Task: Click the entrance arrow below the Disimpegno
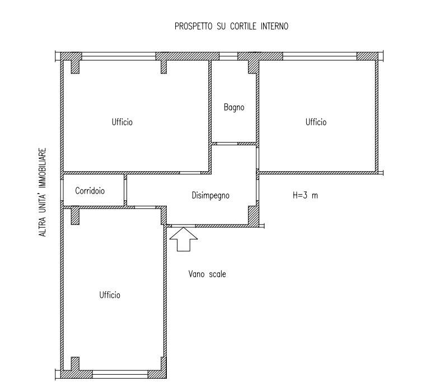pyautogui.click(x=184, y=239)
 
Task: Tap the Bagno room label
pyautogui.click(x=234, y=107)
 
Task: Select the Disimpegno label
pyautogui.click(x=210, y=195)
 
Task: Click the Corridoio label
pyautogui.click(x=90, y=191)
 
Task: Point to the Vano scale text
pyautogui.click(x=207, y=274)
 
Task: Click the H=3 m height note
pyautogui.click(x=305, y=195)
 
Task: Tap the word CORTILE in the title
pyautogui.click(x=244, y=26)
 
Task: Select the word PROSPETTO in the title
pyautogui.click(x=193, y=26)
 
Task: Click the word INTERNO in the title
pyautogui.click(x=274, y=26)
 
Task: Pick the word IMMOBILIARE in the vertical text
pyautogui.click(x=43, y=168)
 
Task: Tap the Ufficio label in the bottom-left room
pyautogui.click(x=110, y=295)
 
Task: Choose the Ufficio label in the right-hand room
pyautogui.click(x=316, y=122)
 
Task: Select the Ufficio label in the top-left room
pyautogui.click(x=122, y=122)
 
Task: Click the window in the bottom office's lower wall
pyautogui.click(x=120, y=374)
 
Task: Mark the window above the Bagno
pyautogui.click(x=228, y=56)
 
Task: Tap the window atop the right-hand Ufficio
pyautogui.click(x=320, y=56)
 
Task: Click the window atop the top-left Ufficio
pyautogui.click(x=119, y=56)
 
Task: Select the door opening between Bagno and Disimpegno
pyautogui.click(x=227, y=144)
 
